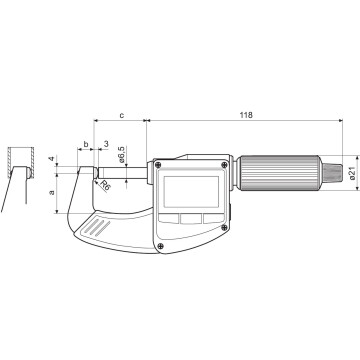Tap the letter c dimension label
pyautogui.click(x=122, y=116)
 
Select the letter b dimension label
pyautogui.click(x=87, y=145)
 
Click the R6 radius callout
pyautogui.click(x=105, y=171)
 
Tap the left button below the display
pyautogui.click(x=164, y=219)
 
